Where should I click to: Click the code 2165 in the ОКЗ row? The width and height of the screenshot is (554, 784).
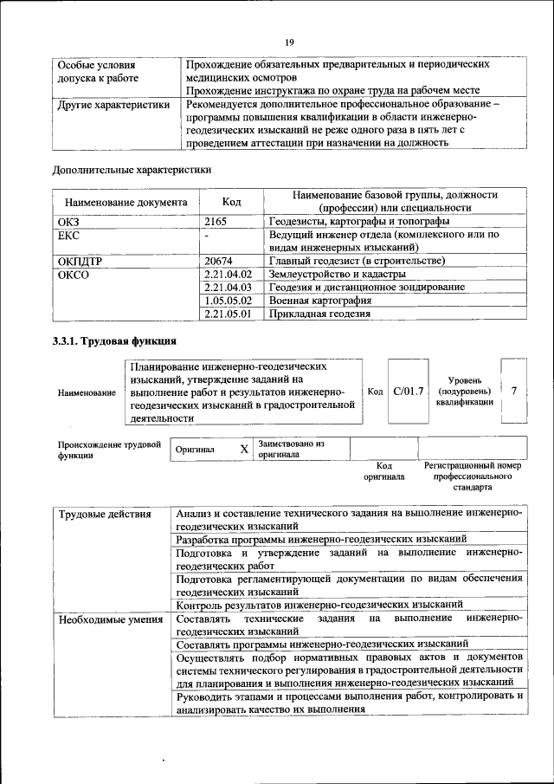216,222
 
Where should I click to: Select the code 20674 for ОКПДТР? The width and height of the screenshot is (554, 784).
219,261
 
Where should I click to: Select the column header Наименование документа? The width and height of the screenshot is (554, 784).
126,202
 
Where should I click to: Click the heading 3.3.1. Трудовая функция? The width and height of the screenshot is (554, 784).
115,340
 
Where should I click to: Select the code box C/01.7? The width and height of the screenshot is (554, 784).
408,392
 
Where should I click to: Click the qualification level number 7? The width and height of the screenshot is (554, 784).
514,391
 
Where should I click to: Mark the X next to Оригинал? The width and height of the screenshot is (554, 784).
244,450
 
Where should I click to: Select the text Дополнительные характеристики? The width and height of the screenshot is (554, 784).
132,169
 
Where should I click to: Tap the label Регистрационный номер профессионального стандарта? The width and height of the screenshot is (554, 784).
472,476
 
